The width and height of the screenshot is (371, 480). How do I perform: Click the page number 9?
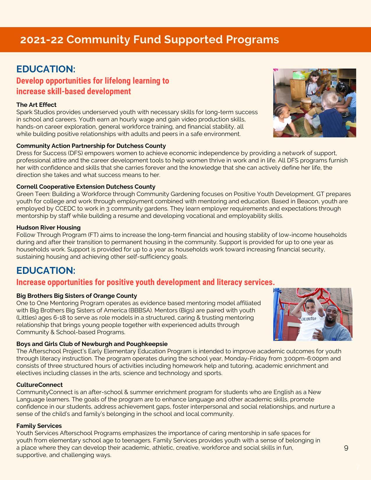click(346, 448)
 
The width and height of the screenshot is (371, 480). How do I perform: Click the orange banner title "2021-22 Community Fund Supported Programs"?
click(149, 40)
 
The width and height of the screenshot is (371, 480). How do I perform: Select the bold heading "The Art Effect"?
click(36, 105)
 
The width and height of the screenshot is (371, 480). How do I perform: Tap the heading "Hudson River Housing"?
click(48, 227)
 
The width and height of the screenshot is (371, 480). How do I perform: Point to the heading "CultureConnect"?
click(39, 385)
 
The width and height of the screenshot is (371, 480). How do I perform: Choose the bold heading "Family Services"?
click(39, 426)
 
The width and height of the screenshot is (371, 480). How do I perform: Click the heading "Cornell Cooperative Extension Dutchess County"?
click(86, 186)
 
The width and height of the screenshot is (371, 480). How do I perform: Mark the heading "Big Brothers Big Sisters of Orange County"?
click(77, 296)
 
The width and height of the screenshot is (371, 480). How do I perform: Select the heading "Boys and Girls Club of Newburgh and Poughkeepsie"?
click(92, 344)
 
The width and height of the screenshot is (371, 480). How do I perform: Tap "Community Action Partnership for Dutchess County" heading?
click(91, 146)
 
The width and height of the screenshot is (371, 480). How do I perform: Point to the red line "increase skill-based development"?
click(74, 91)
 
